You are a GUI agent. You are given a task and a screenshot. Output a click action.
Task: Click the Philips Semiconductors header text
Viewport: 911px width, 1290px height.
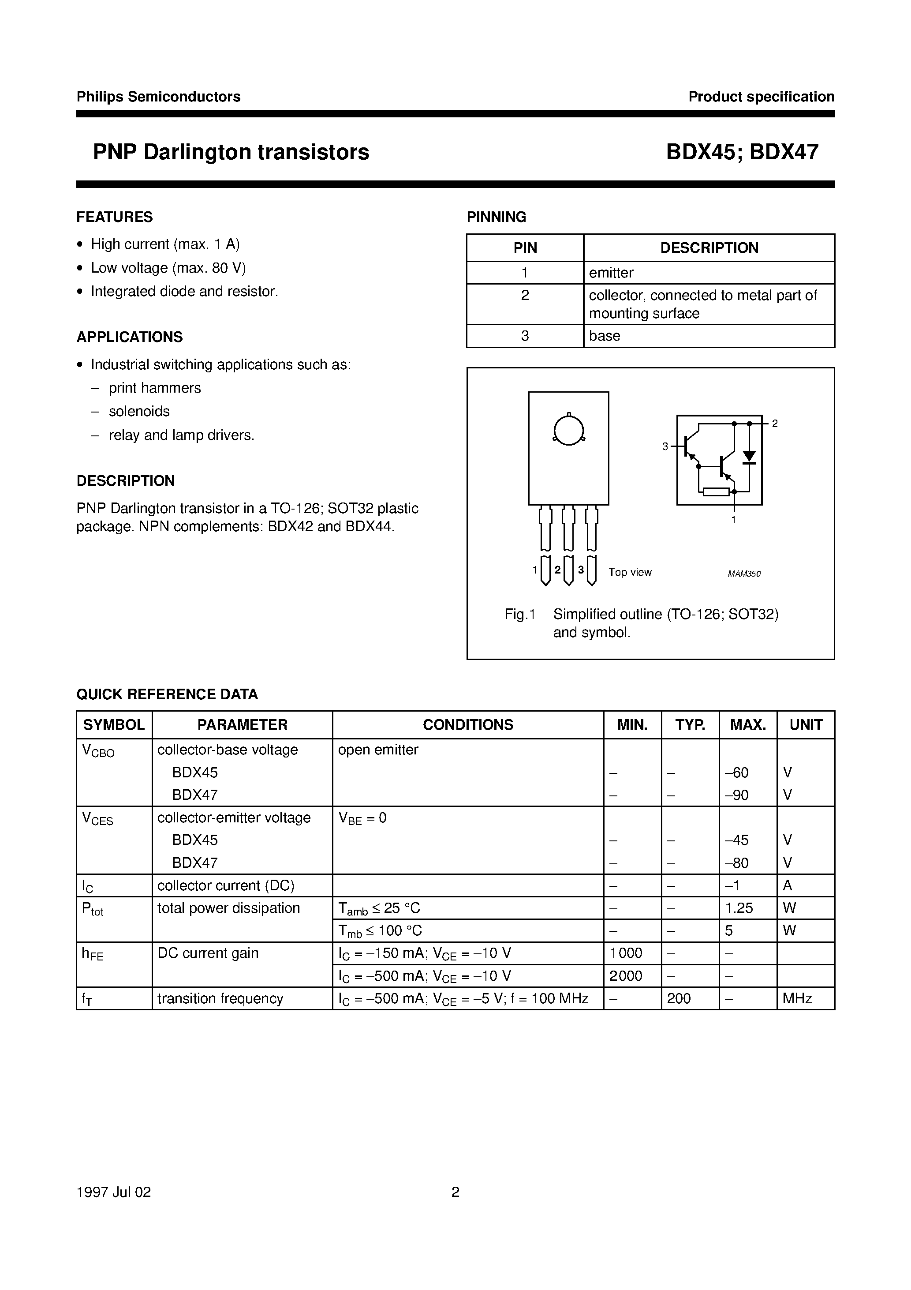click(x=158, y=97)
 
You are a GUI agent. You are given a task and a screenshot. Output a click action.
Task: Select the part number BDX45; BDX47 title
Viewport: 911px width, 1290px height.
click(x=742, y=152)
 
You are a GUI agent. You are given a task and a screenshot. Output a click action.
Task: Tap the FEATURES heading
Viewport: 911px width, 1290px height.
click(x=115, y=217)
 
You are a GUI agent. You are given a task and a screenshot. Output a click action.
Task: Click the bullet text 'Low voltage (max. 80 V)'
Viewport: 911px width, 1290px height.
click(x=168, y=268)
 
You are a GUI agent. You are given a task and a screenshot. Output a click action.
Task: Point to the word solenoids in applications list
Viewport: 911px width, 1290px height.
click(x=139, y=411)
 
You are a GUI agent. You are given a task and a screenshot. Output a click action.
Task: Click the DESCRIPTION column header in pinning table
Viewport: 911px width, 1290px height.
click(x=709, y=248)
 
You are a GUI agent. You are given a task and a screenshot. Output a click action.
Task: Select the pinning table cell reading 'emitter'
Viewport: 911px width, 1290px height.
click(x=611, y=273)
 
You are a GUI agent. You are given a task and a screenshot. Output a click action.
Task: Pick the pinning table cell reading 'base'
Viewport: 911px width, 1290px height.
click(x=605, y=336)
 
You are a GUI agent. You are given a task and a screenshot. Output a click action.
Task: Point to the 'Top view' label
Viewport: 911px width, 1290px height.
click(x=630, y=572)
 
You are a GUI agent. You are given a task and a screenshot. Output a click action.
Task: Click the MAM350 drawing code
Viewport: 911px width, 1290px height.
click(x=744, y=574)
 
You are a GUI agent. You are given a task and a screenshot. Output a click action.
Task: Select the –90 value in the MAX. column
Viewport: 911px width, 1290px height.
click(x=737, y=795)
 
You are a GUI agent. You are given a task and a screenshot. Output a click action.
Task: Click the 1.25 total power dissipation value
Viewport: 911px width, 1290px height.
click(x=739, y=908)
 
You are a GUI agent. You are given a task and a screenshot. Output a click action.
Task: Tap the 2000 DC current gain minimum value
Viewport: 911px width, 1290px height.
click(x=626, y=976)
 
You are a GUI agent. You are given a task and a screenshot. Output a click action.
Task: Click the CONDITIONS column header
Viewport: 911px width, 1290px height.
click(x=468, y=725)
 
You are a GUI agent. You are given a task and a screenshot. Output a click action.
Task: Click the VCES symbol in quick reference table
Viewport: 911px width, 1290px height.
click(x=98, y=819)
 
